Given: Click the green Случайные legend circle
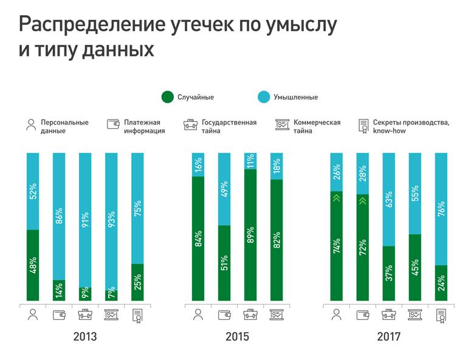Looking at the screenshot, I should [167, 97].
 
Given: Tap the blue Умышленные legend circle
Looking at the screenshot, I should [263, 97].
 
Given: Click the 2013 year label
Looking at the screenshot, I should [84, 336].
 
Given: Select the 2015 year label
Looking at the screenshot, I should [236, 336].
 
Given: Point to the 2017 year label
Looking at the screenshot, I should [388, 336].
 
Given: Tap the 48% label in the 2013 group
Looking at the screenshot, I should [32, 265].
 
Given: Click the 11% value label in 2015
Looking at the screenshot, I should [250, 161].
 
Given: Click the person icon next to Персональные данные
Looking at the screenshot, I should [31, 125].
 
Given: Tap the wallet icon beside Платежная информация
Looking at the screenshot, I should [113, 123].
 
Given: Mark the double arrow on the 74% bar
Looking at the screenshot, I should [336, 197].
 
